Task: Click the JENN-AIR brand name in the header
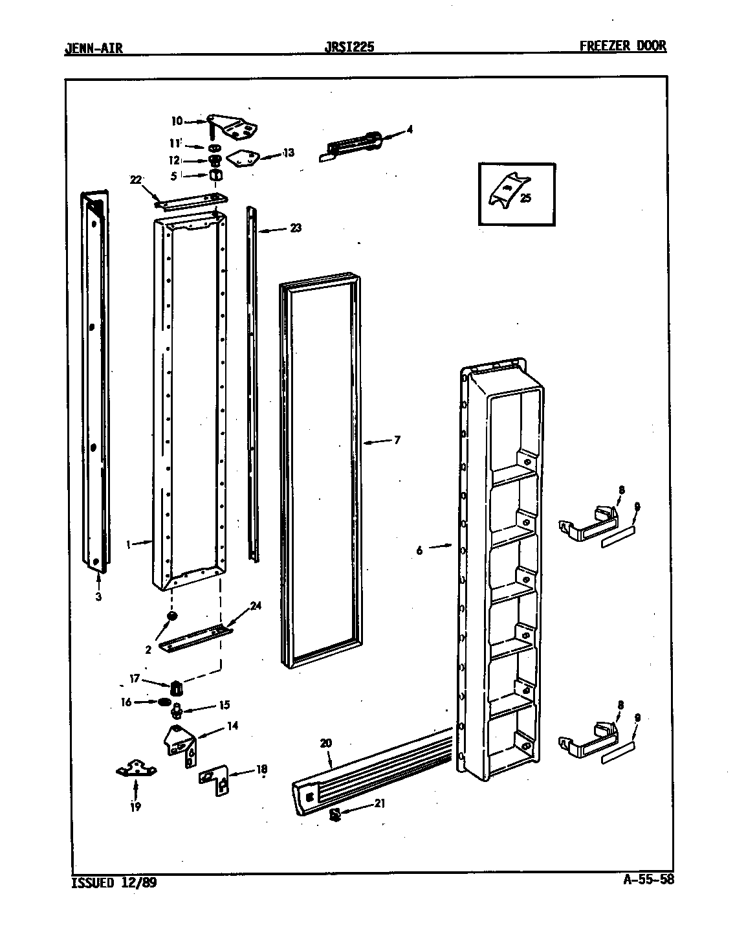click(94, 47)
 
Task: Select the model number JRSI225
click(349, 47)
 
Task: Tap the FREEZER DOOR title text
click(622, 46)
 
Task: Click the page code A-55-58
click(641, 880)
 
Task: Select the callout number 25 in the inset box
click(525, 199)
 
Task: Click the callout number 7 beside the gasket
click(397, 441)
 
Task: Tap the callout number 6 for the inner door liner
click(419, 550)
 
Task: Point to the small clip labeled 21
click(335, 814)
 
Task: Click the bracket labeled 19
click(137, 770)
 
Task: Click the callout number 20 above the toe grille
click(325, 743)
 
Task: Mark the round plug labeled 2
click(172, 616)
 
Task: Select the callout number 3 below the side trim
click(98, 597)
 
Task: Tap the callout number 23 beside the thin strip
click(295, 228)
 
